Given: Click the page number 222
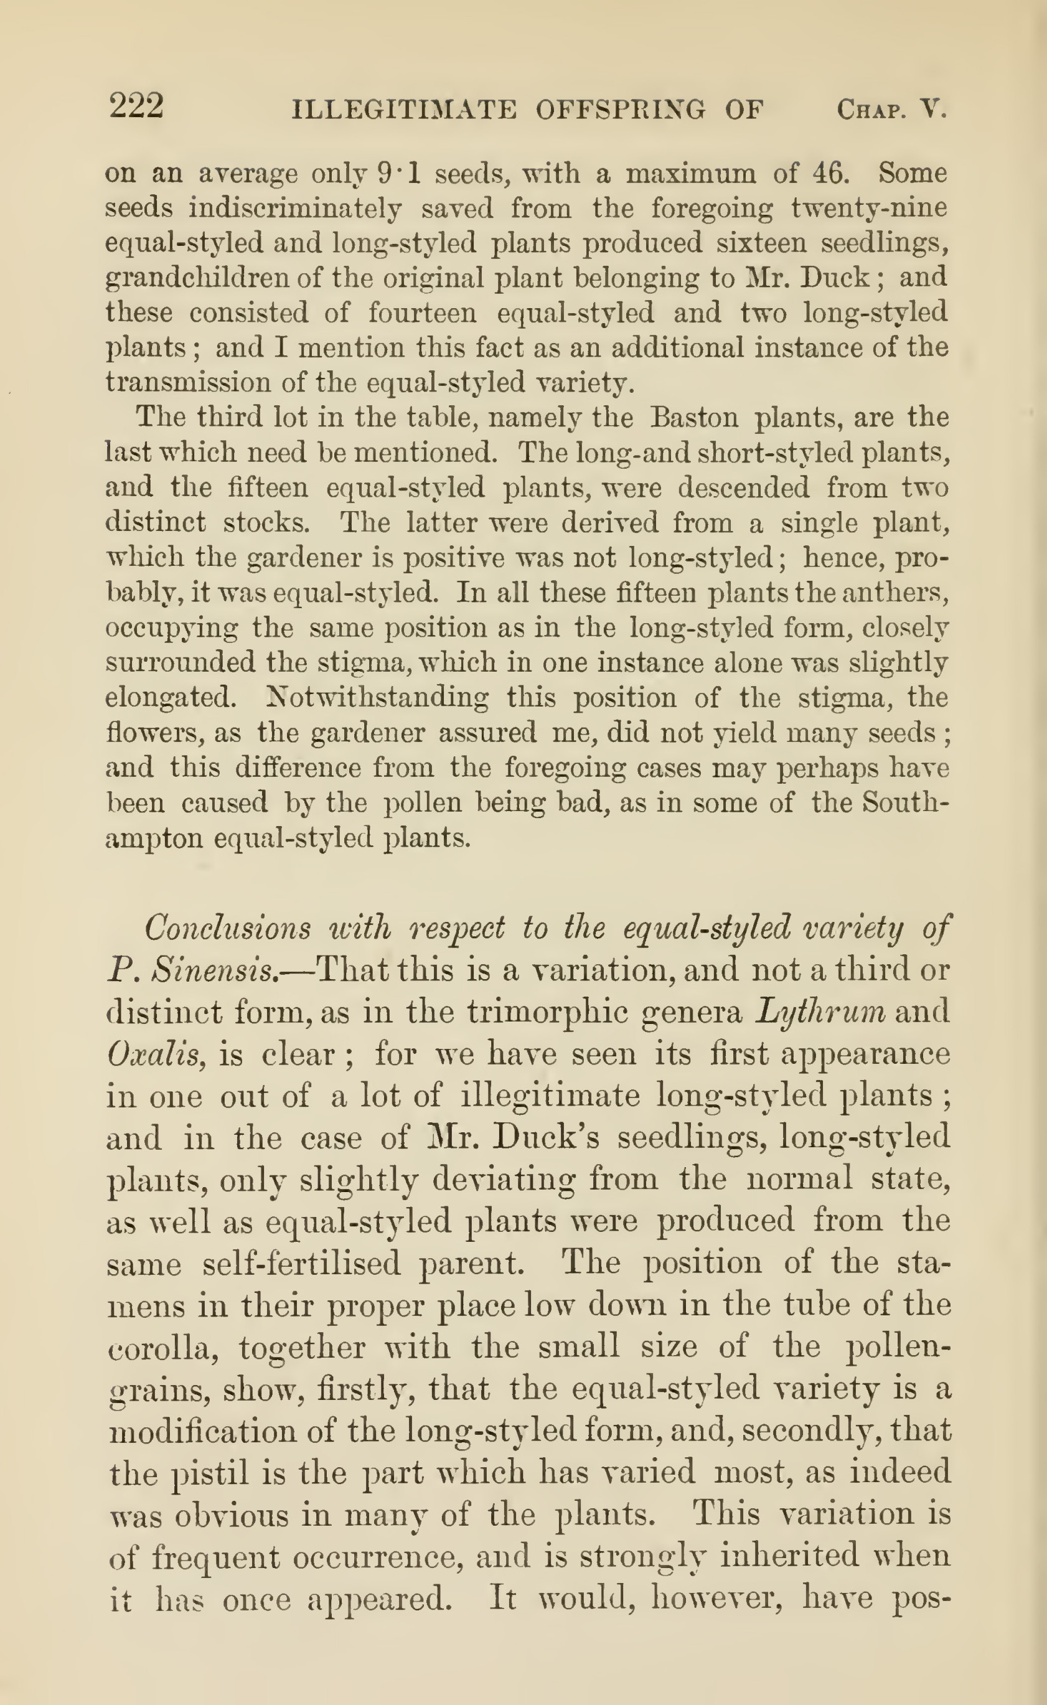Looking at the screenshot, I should coord(136,107).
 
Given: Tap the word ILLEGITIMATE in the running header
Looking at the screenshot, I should coord(405,110).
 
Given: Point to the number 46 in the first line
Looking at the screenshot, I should coord(830,172).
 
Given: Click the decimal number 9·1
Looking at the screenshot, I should coord(400,172).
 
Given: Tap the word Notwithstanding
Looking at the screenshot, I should coord(378,697).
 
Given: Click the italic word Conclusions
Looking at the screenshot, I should coord(228,928).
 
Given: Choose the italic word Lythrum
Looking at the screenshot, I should coord(820,1012).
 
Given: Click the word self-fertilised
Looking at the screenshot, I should coord(302,1264).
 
